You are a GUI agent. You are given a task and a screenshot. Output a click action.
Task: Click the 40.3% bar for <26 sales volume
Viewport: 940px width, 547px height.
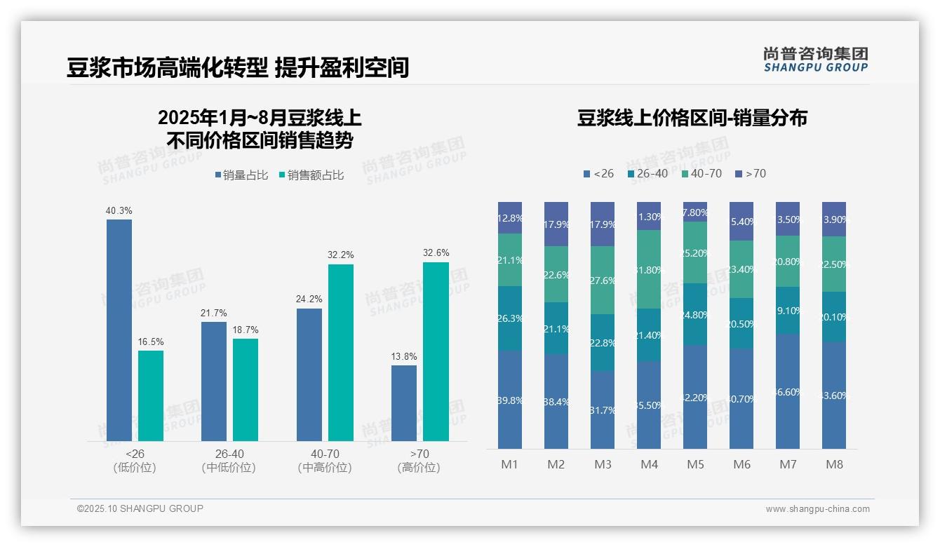click(x=119, y=330)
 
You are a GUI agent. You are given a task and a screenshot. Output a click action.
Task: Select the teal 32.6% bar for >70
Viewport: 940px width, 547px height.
click(x=436, y=351)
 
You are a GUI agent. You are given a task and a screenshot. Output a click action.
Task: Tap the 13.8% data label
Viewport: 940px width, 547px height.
click(x=404, y=356)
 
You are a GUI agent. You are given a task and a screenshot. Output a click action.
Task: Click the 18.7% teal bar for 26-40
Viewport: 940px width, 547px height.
click(x=246, y=390)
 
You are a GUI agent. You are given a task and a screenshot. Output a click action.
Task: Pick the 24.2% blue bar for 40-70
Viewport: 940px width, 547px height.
click(x=309, y=374)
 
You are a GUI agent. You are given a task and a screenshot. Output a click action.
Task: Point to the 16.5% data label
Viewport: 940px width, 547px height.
click(x=151, y=342)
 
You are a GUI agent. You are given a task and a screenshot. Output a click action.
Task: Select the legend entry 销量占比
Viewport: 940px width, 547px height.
click(x=241, y=175)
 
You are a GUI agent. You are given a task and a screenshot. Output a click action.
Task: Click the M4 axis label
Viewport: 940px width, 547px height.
click(x=649, y=464)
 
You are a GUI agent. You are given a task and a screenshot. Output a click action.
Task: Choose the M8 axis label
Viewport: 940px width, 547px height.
click(x=834, y=464)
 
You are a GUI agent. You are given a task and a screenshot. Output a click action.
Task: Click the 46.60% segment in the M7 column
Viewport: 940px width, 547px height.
click(x=788, y=391)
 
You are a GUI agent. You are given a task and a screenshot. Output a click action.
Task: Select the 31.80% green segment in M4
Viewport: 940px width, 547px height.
click(x=649, y=269)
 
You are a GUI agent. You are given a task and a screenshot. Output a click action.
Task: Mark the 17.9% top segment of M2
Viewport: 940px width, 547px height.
click(x=556, y=224)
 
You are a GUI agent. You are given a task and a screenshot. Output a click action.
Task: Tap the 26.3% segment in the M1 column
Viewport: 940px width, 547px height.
click(x=510, y=318)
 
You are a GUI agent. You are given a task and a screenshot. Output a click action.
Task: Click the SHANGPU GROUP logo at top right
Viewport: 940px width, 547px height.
click(x=815, y=60)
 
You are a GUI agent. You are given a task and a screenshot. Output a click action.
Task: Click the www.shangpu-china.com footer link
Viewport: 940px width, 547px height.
click(x=817, y=509)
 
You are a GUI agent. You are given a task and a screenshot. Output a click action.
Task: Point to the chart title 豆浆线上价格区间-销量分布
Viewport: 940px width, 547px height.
click(x=692, y=118)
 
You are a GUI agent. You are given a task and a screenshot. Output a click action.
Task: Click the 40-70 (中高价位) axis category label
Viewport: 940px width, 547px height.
click(x=325, y=461)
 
